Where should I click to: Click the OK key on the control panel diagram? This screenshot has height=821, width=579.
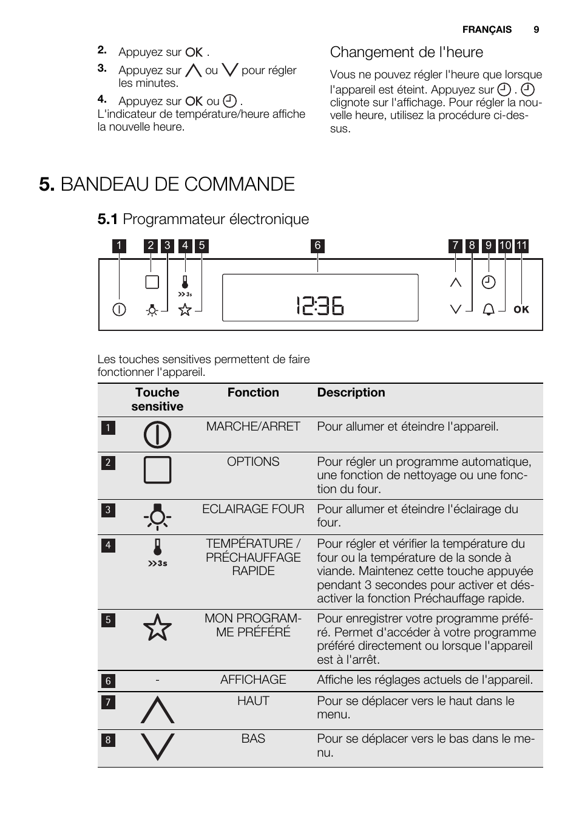point(521,310)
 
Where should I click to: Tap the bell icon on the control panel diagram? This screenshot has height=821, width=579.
point(489,310)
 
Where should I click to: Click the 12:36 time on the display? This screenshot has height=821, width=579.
point(320,306)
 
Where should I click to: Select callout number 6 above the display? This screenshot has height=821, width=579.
point(317,246)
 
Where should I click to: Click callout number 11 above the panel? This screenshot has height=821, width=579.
point(522,246)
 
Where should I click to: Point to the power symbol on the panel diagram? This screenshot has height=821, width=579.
point(119,310)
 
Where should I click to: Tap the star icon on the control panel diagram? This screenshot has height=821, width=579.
point(185,310)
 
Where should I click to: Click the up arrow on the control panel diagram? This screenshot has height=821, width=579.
point(456,282)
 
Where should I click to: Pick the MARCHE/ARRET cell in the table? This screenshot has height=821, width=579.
point(253,427)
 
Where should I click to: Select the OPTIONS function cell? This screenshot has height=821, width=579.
point(253,462)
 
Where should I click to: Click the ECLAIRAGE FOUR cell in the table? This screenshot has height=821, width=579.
point(253,509)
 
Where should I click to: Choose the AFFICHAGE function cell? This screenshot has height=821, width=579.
point(253,680)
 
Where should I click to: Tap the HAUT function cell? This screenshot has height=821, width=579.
point(253,701)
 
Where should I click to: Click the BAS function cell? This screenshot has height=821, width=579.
point(253,739)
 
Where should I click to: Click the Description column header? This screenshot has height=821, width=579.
point(351,393)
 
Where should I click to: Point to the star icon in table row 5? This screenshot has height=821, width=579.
point(157,627)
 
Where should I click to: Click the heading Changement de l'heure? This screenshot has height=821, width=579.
point(407,53)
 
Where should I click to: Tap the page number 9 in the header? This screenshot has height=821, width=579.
point(537,30)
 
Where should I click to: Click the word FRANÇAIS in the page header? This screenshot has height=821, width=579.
point(487,30)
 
